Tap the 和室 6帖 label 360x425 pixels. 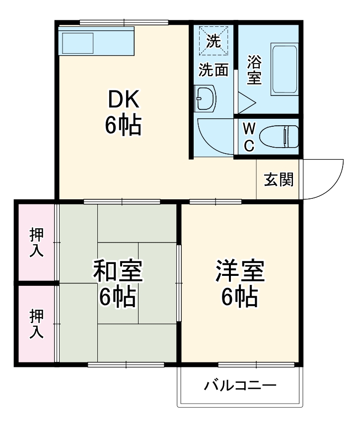click(x=118, y=283)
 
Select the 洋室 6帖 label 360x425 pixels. click(x=239, y=283)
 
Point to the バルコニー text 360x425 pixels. click(x=240, y=386)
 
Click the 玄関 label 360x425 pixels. click(x=278, y=179)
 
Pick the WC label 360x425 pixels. click(x=249, y=137)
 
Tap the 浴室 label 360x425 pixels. click(x=254, y=70)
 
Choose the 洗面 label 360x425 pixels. click(x=214, y=70)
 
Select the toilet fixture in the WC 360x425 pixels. click(x=279, y=136)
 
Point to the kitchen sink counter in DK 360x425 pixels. click(x=96, y=42)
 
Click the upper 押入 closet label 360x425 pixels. click(x=36, y=242)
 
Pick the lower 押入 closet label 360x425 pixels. click(x=36, y=324)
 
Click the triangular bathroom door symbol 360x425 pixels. click(x=245, y=102)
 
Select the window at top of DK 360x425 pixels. click(x=124, y=22)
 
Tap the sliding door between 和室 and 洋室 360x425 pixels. click(x=179, y=283)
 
